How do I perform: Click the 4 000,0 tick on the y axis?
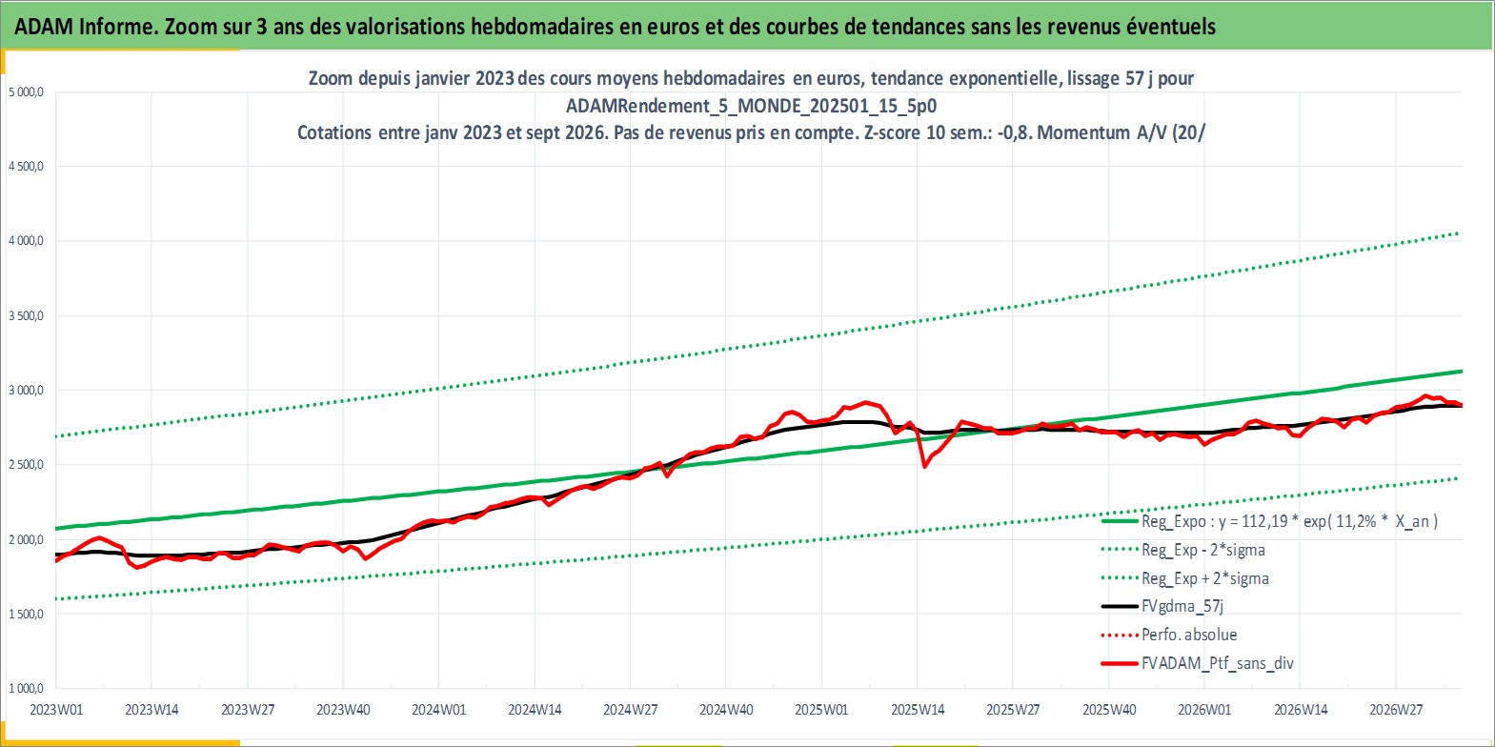[26, 241]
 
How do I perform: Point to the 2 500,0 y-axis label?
[26, 465]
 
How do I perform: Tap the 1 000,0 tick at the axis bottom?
[26, 688]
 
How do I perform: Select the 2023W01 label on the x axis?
[56, 710]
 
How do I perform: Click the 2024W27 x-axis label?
[630, 710]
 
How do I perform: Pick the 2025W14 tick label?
[918, 710]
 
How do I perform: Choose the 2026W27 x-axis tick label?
[1396, 710]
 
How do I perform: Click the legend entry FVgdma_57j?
[1182, 606]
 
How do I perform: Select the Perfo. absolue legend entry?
[1189, 635]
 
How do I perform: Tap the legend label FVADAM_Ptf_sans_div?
[1218, 663]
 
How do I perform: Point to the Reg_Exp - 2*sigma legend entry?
[1203, 550]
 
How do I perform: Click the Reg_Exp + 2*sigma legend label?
[1205, 578]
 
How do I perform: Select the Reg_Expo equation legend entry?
[1289, 521]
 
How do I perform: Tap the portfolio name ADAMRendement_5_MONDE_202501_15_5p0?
[751, 106]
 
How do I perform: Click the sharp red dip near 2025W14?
[925, 467]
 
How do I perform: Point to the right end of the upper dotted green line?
[1458, 233]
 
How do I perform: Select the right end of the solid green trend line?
[1463, 372]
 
